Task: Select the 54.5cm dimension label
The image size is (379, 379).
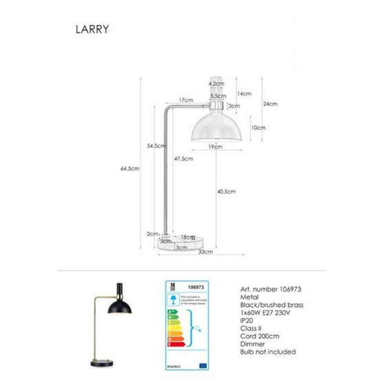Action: pos(157,145)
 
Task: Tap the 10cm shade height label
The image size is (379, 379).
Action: pos(257,127)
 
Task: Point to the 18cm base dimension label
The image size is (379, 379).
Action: pos(187,236)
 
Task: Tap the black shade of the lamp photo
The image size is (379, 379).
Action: pos(125,309)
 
